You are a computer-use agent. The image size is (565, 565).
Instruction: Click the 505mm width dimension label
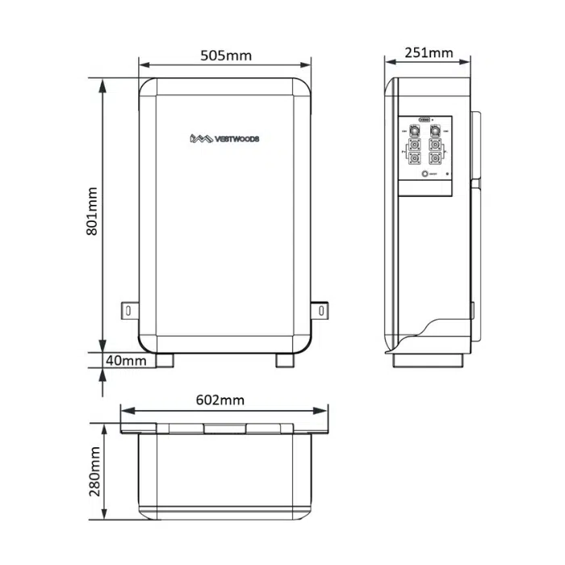[x=225, y=56]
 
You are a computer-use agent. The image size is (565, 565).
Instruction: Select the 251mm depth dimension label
[x=428, y=53]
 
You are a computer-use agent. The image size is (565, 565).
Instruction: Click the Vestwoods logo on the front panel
[x=224, y=139]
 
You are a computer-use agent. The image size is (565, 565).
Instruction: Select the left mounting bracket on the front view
[x=128, y=309]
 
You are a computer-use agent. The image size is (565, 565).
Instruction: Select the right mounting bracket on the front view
[x=321, y=309]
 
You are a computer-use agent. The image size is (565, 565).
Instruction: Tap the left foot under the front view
[x=166, y=360]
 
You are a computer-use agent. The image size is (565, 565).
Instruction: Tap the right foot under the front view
[x=285, y=360]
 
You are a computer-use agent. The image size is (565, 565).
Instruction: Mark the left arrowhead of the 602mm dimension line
[x=124, y=411]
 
